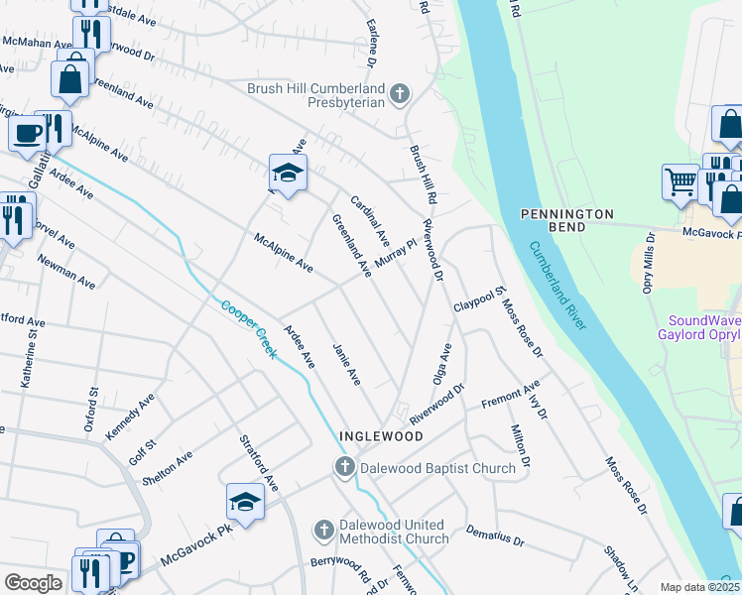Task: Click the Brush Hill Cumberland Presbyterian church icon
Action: [x=400, y=95]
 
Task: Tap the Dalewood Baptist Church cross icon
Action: [x=344, y=467]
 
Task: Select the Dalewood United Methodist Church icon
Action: [x=323, y=532]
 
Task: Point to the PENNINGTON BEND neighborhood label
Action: [x=568, y=214]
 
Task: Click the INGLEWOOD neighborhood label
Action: [x=381, y=436]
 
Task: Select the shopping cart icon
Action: [x=680, y=182]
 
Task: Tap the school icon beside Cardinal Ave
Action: [x=287, y=174]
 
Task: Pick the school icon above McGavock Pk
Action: [x=245, y=503]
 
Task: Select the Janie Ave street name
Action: [x=346, y=364]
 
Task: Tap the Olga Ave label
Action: [x=441, y=364]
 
